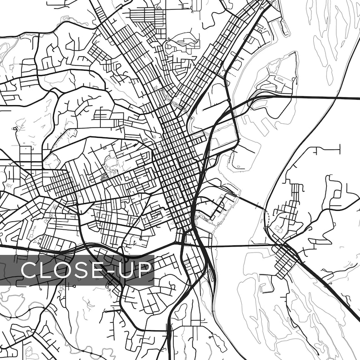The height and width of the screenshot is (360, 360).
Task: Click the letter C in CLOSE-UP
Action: point(29,270)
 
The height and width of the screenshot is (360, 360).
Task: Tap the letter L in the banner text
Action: point(47,270)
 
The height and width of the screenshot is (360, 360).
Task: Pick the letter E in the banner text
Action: point(101,270)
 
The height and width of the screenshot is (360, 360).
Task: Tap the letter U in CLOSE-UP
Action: point(127,270)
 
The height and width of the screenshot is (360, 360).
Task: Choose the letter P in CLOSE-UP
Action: point(145,270)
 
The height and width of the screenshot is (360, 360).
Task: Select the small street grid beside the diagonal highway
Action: point(286,261)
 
